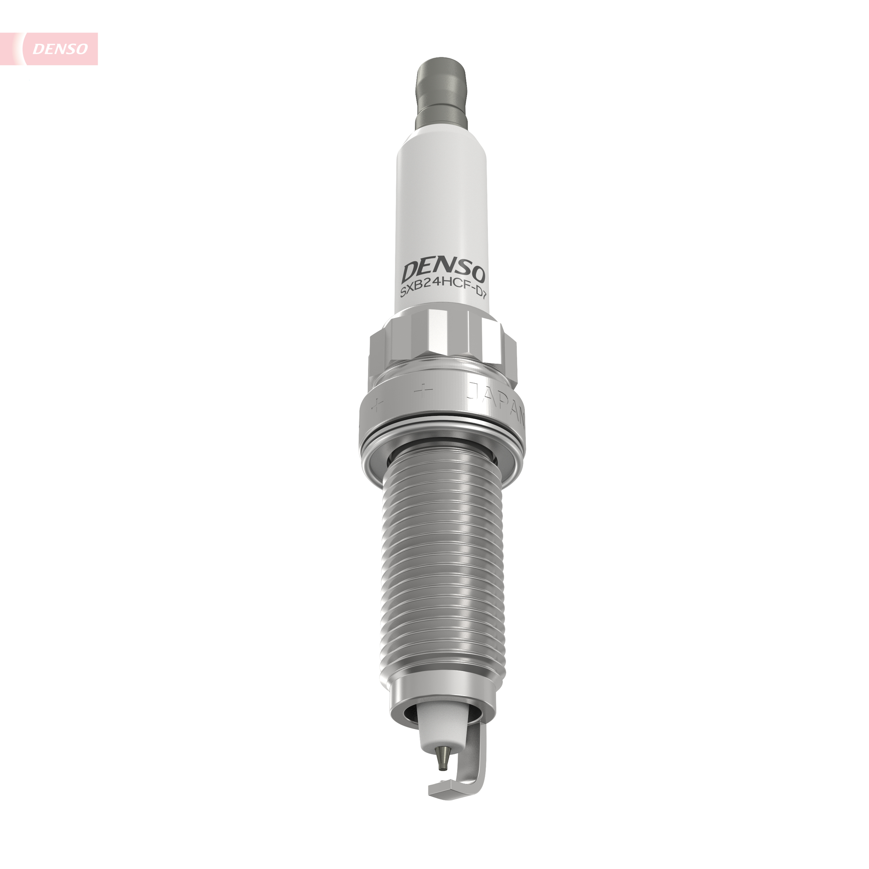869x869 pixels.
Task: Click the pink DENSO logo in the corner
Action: [x=60, y=49]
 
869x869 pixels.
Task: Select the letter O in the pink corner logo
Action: [x=81, y=49]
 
